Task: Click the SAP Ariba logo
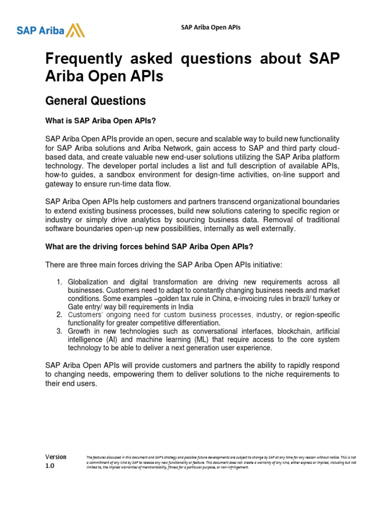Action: (51, 30)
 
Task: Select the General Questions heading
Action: (95, 101)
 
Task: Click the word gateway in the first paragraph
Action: (59, 184)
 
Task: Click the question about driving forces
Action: (149, 246)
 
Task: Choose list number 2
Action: (59, 315)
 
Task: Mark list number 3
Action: (59, 332)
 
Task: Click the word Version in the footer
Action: (56, 457)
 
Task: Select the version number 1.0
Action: (50, 465)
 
